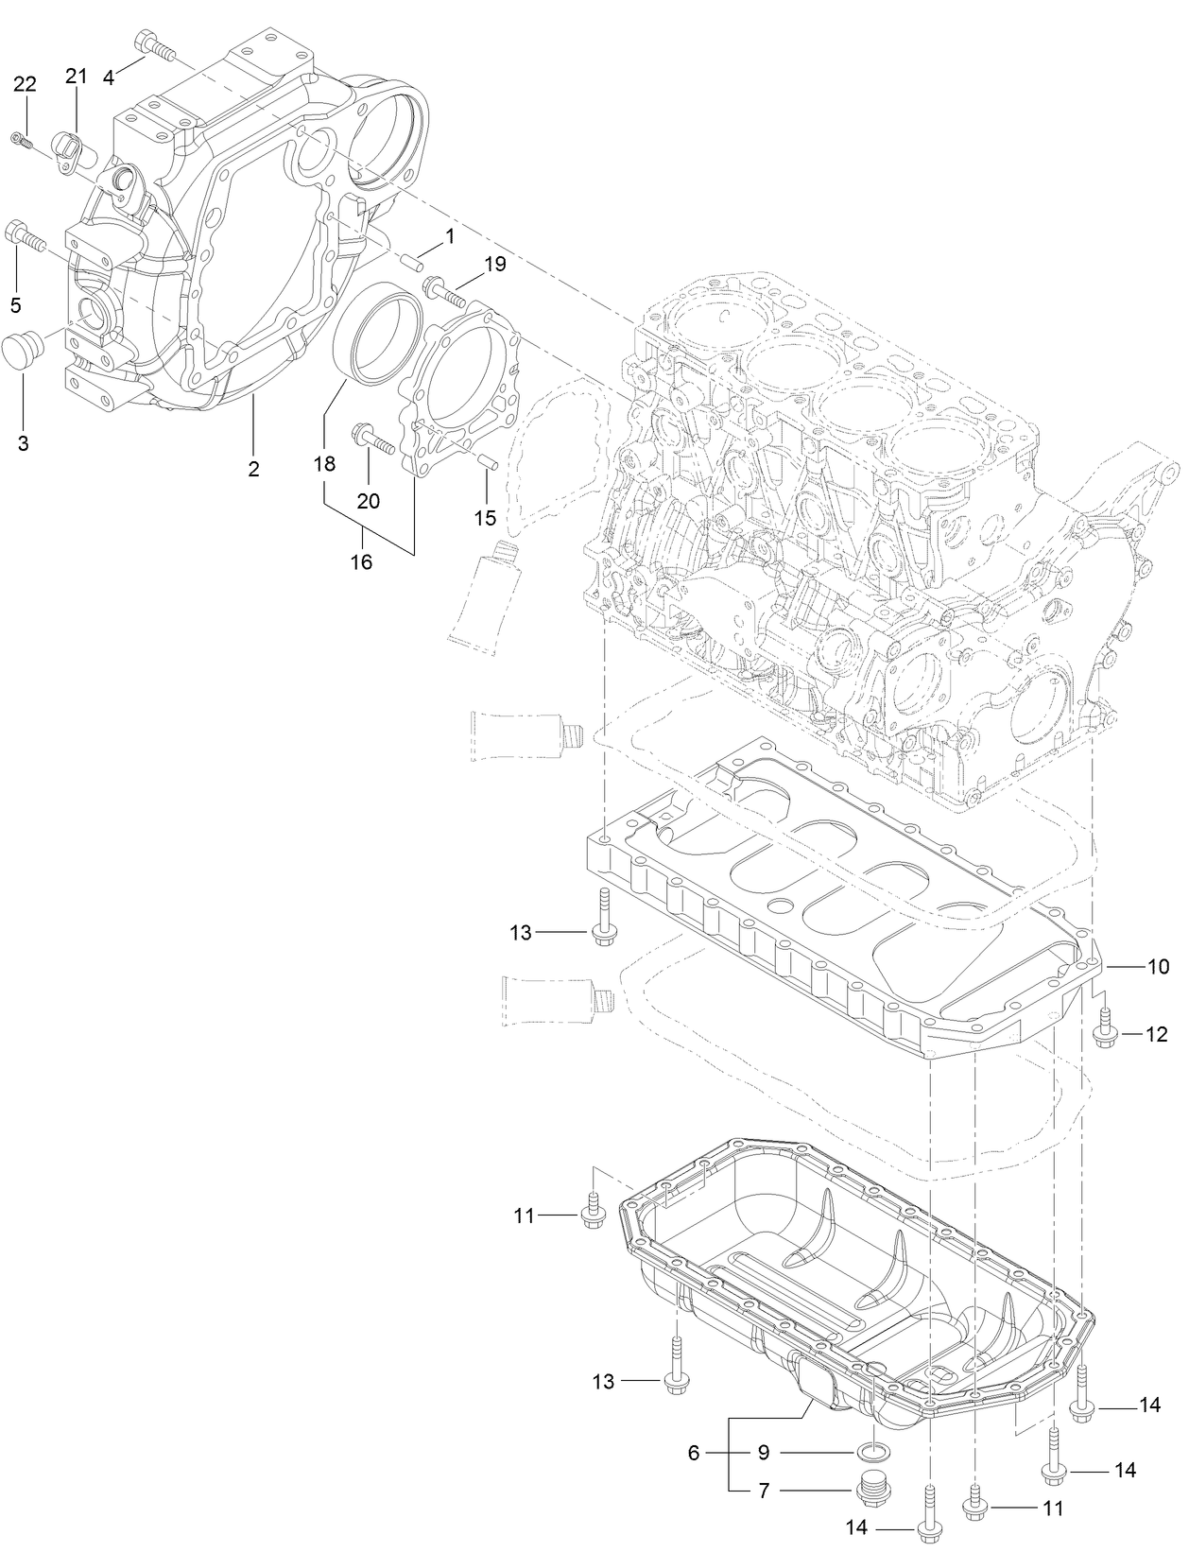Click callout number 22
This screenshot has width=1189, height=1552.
click(25, 84)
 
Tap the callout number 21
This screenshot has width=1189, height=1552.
click(77, 76)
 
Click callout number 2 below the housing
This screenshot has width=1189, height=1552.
click(253, 468)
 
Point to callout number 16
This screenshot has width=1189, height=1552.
click(361, 562)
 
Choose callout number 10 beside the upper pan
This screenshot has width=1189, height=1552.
click(1158, 966)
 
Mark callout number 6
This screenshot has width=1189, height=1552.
click(694, 1452)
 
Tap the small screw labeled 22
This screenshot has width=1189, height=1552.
click(22, 141)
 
